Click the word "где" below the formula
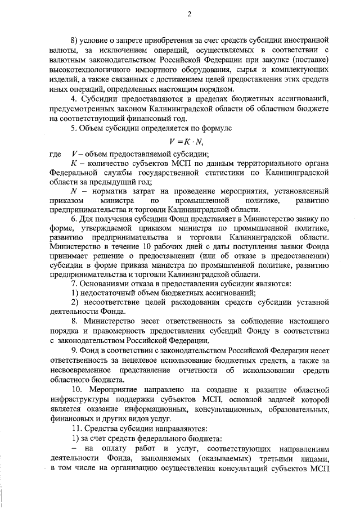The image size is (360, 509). click(55, 155)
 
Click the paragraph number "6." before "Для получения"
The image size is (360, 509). click(74, 234)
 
